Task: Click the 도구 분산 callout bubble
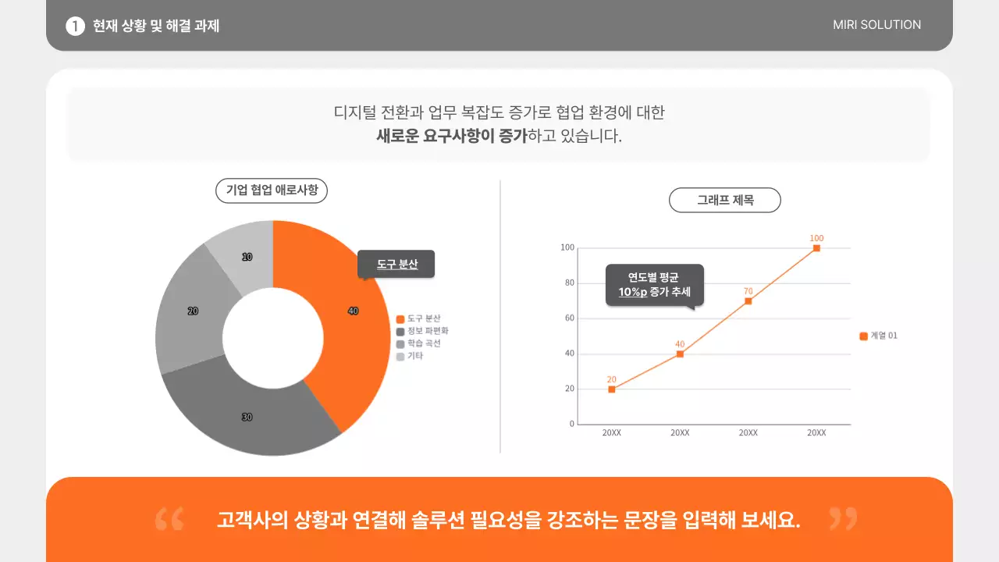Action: click(396, 265)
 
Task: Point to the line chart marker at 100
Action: click(816, 248)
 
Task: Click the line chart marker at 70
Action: click(748, 301)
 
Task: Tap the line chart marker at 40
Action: click(680, 354)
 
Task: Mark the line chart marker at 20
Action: click(611, 389)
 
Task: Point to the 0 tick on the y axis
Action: click(571, 425)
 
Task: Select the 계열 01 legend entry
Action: click(879, 336)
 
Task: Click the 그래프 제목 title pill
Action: click(725, 200)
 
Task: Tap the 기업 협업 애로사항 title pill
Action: click(272, 190)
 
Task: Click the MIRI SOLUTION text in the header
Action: click(876, 25)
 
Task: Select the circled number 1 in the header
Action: click(75, 26)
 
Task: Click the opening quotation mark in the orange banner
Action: click(169, 519)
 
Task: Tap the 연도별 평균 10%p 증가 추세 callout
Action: click(654, 285)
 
